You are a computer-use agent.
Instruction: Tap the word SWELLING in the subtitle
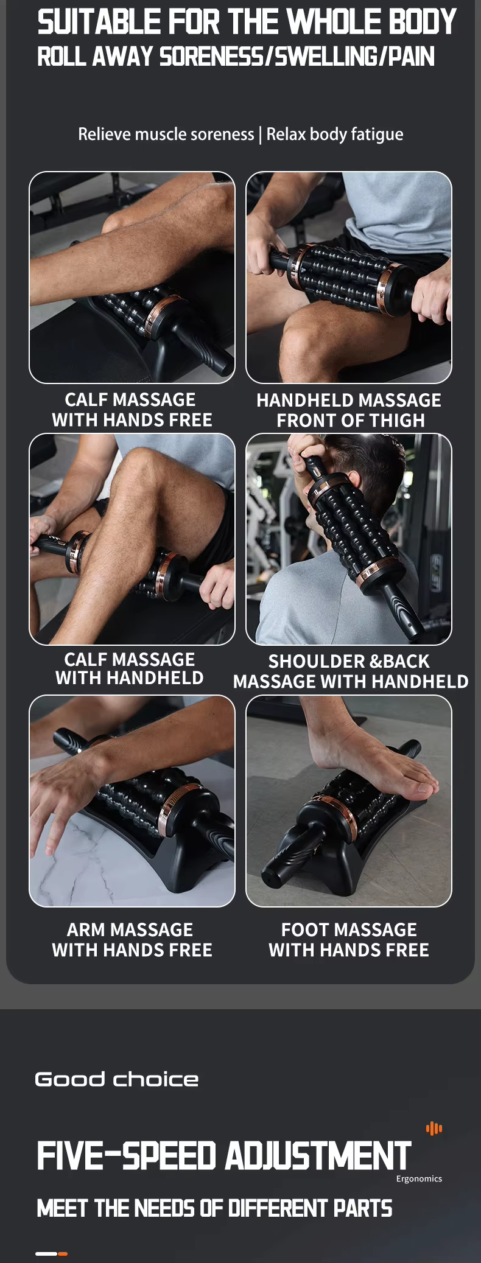(324, 57)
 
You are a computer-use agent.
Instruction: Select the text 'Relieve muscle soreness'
(166, 134)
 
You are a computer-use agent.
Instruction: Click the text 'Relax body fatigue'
(335, 134)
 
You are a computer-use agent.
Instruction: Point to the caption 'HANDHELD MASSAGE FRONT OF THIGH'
(349, 410)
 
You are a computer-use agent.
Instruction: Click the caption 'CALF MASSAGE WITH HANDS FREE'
(132, 410)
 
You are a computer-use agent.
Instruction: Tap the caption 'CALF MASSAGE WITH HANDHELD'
(130, 668)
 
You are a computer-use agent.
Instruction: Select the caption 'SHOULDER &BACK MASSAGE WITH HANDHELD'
(351, 671)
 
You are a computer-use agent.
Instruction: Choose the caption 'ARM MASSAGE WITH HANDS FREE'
(132, 940)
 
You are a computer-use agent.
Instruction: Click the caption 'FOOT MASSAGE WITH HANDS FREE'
(349, 940)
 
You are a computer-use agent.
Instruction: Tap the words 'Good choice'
(117, 1079)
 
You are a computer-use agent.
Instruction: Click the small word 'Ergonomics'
(419, 1179)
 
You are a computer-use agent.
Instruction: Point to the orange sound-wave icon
(434, 1128)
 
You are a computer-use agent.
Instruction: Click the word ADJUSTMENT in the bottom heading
(318, 1155)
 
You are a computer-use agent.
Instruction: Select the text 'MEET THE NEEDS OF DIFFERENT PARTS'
(214, 1209)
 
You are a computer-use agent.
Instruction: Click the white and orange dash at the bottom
(51, 1254)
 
